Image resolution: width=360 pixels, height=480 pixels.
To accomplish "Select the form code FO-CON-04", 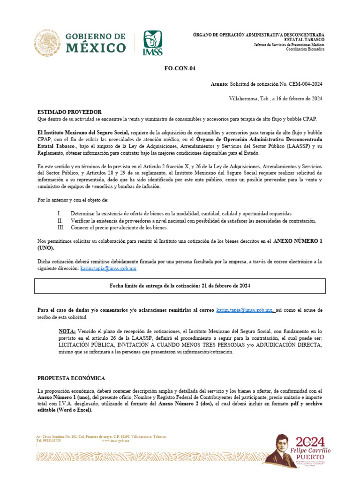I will [x=180, y=68].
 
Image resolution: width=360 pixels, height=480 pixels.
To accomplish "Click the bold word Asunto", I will [x=220, y=84].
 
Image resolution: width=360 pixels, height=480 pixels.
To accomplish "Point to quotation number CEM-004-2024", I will [x=300, y=84].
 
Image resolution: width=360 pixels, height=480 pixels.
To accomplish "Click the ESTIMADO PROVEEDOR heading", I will [x=69, y=112].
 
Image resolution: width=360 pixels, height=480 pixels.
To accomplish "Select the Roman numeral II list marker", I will [x=60, y=220].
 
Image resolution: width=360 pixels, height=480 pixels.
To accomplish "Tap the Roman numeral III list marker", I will [x=60, y=228].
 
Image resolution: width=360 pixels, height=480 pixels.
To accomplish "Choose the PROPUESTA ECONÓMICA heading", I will [x=71, y=378].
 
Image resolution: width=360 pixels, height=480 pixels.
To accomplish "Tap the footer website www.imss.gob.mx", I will [x=115, y=441].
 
